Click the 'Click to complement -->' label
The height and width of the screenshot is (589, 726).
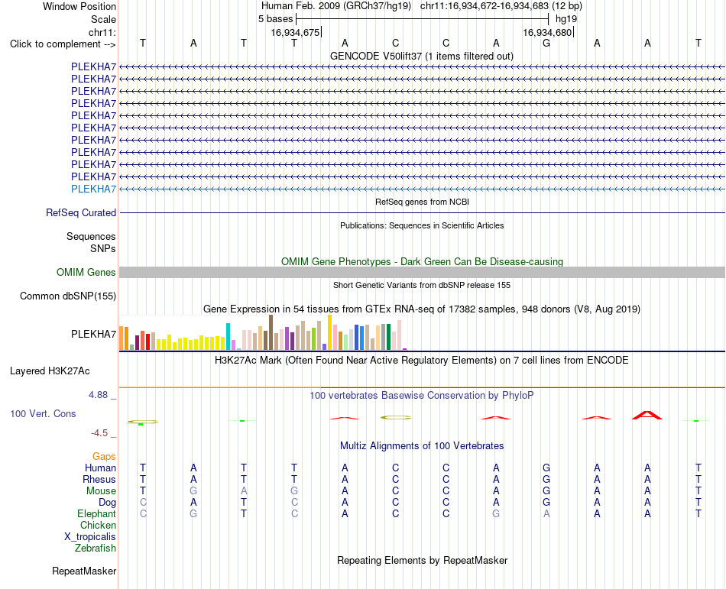(63, 44)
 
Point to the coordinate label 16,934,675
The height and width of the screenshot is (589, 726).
(295, 32)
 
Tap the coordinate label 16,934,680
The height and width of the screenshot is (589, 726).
(547, 32)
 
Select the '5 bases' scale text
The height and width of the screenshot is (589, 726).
(275, 19)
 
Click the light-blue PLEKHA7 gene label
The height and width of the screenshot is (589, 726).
(93, 189)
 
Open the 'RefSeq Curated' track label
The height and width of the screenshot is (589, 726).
(81, 213)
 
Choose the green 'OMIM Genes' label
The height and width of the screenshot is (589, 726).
(86, 273)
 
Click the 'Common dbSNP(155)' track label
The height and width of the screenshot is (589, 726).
(68, 296)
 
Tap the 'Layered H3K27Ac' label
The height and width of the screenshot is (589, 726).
(50, 371)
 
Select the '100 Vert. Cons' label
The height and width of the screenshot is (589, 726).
(43, 413)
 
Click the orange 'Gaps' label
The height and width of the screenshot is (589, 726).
(104, 457)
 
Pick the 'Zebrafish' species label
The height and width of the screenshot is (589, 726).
(96, 549)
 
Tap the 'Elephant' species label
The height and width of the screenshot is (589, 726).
(97, 514)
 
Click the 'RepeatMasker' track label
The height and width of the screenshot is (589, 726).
(84, 571)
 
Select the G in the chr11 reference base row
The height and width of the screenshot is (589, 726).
(546, 44)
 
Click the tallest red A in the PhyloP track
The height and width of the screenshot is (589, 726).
(647, 415)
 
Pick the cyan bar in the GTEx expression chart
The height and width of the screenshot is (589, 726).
(228, 336)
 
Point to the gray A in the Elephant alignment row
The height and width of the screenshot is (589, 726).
(546, 513)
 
